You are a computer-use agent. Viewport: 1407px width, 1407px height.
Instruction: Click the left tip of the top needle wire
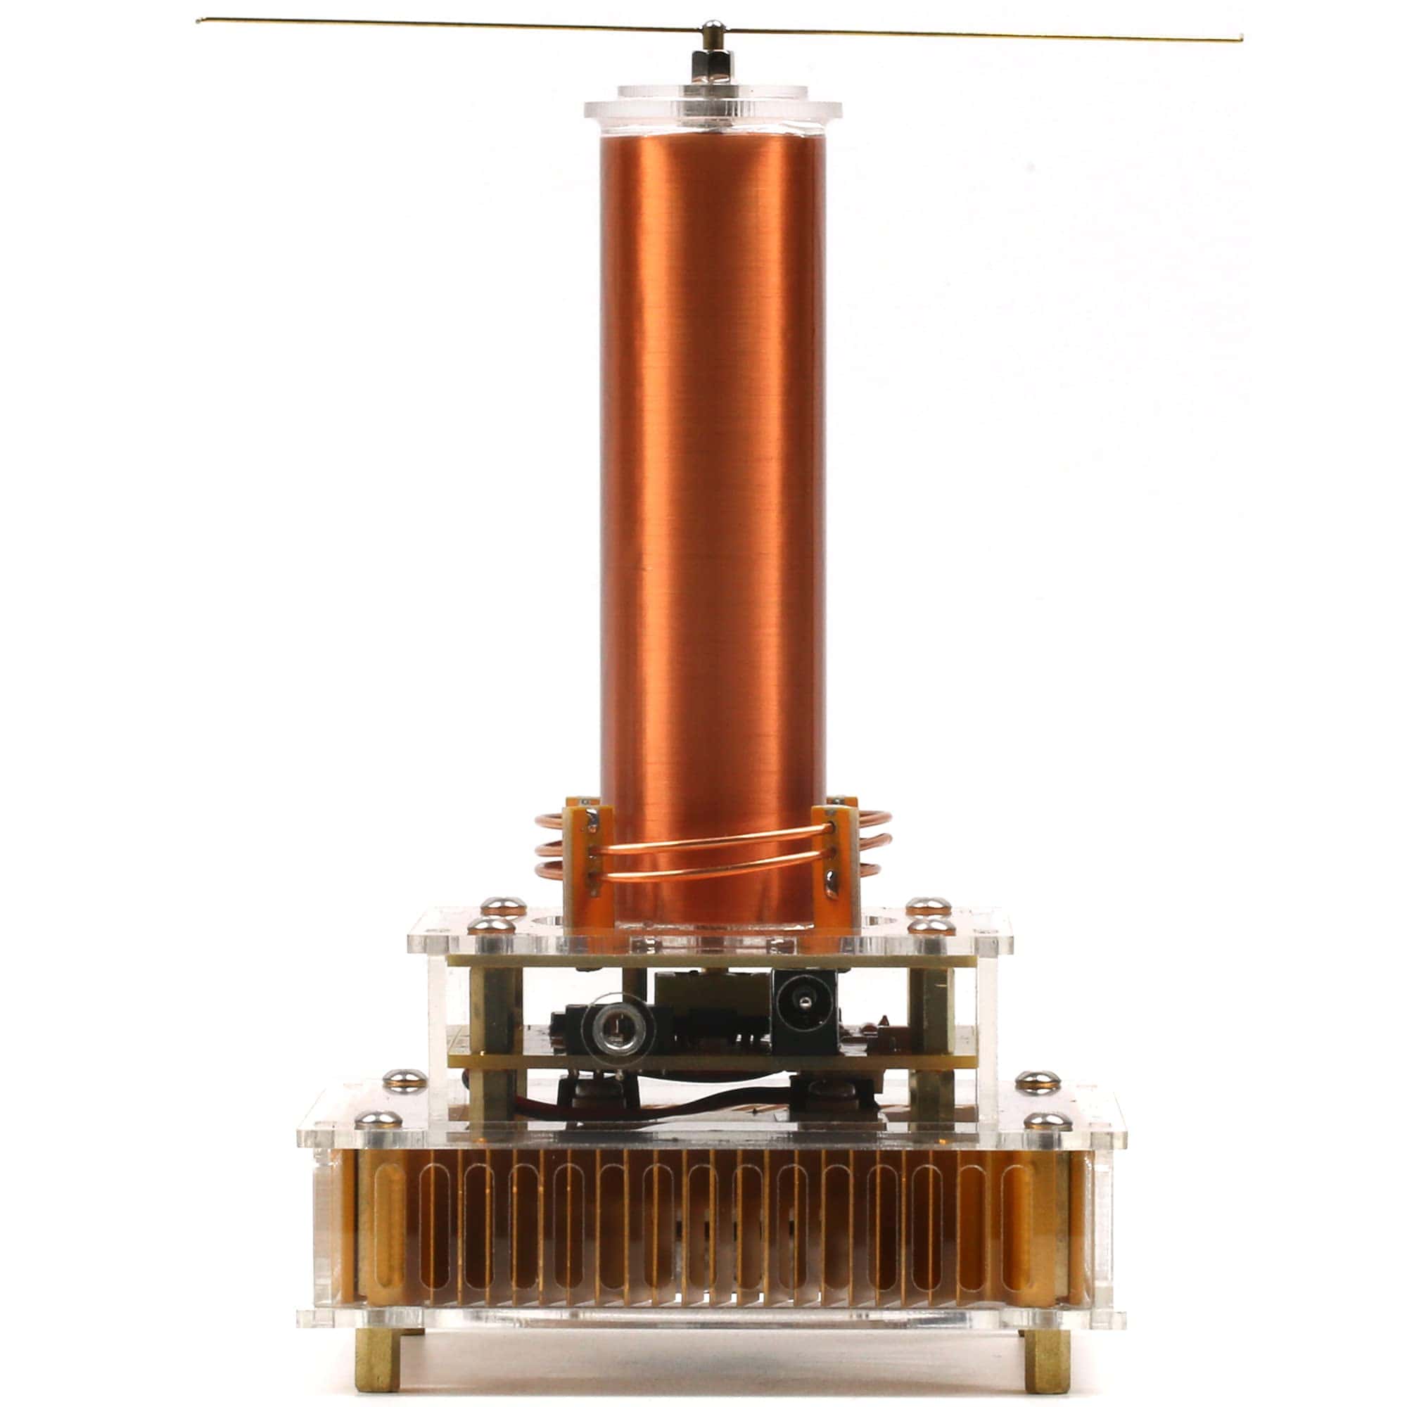pyautogui.click(x=200, y=20)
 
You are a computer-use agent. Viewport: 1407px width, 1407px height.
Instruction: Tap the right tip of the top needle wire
pyautogui.click(x=1240, y=39)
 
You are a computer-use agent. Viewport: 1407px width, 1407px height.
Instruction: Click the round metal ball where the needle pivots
pyautogui.click(x=712, y=30)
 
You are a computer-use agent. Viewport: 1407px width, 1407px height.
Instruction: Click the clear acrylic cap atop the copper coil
pyautogui.click(x=712, y=109)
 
